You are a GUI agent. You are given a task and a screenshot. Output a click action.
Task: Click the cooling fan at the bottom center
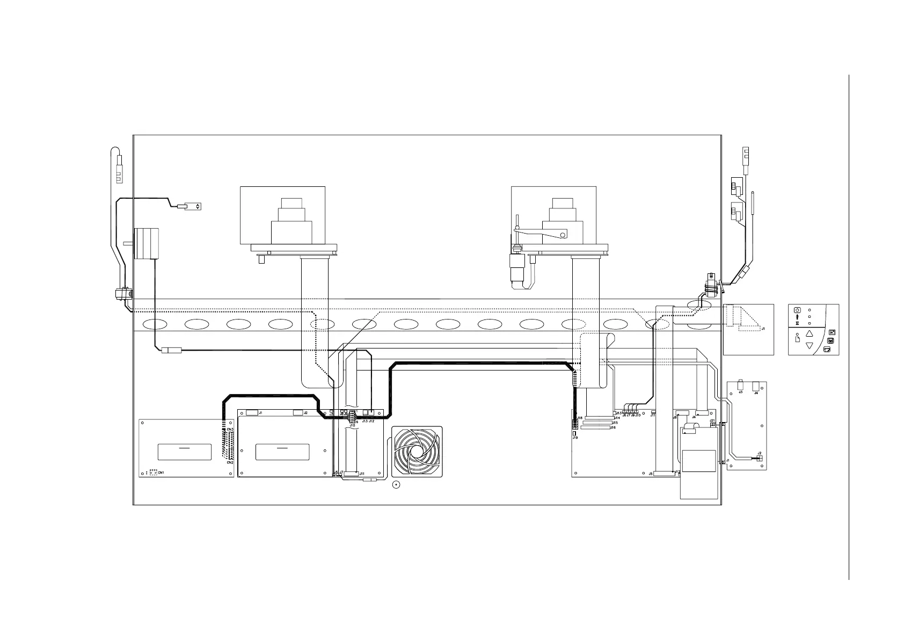417,452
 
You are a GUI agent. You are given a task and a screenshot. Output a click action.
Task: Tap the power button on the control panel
797,310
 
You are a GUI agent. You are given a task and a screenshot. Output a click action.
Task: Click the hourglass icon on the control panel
797,324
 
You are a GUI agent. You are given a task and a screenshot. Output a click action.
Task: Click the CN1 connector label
161,472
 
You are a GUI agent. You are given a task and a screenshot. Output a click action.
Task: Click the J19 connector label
575,438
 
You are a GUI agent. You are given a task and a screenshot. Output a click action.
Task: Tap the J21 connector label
712,420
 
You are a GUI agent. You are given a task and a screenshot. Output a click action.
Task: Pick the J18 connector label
580,418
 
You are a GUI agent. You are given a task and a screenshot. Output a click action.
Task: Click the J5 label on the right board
651,474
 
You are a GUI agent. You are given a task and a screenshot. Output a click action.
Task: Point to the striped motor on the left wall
147,243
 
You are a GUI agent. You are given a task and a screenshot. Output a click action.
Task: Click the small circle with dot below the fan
396,486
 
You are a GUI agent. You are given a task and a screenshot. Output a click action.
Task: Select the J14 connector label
618,418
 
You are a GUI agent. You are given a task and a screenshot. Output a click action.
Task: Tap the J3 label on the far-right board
741,393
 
